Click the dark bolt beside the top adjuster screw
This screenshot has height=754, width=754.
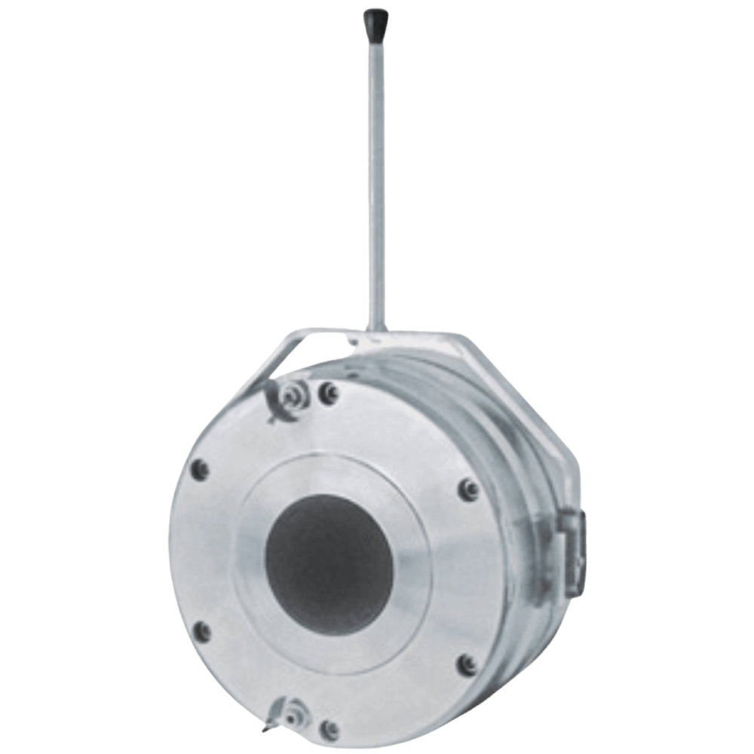[326, 392]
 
